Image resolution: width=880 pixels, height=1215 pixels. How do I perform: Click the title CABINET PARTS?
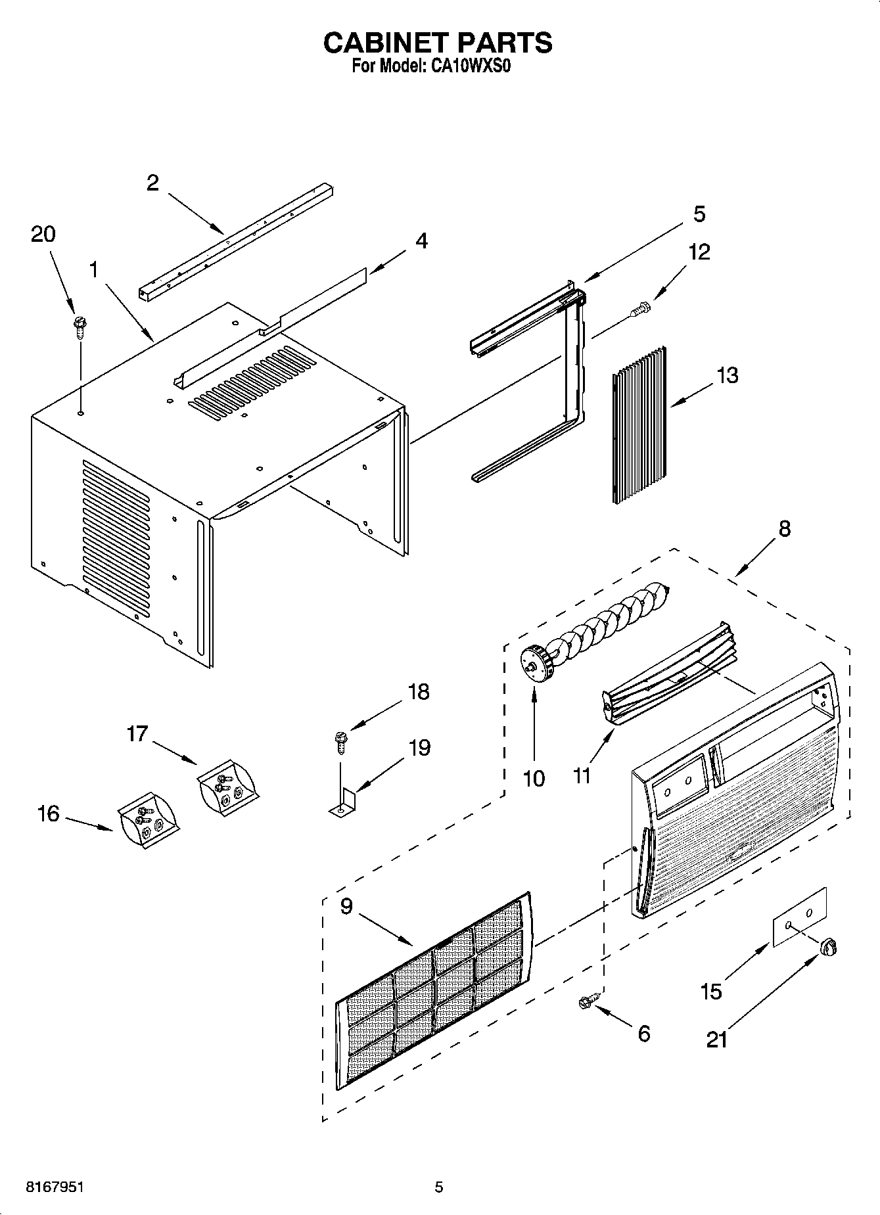[438, 43]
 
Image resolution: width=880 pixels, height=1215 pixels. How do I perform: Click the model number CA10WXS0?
[470, 66]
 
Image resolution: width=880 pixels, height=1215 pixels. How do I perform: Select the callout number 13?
[727, 375]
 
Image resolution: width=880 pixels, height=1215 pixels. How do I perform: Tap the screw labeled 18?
[341, 743]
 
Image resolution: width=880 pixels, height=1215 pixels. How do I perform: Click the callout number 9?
[346, 906]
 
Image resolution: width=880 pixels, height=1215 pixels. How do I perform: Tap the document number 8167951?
[55, 1187]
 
